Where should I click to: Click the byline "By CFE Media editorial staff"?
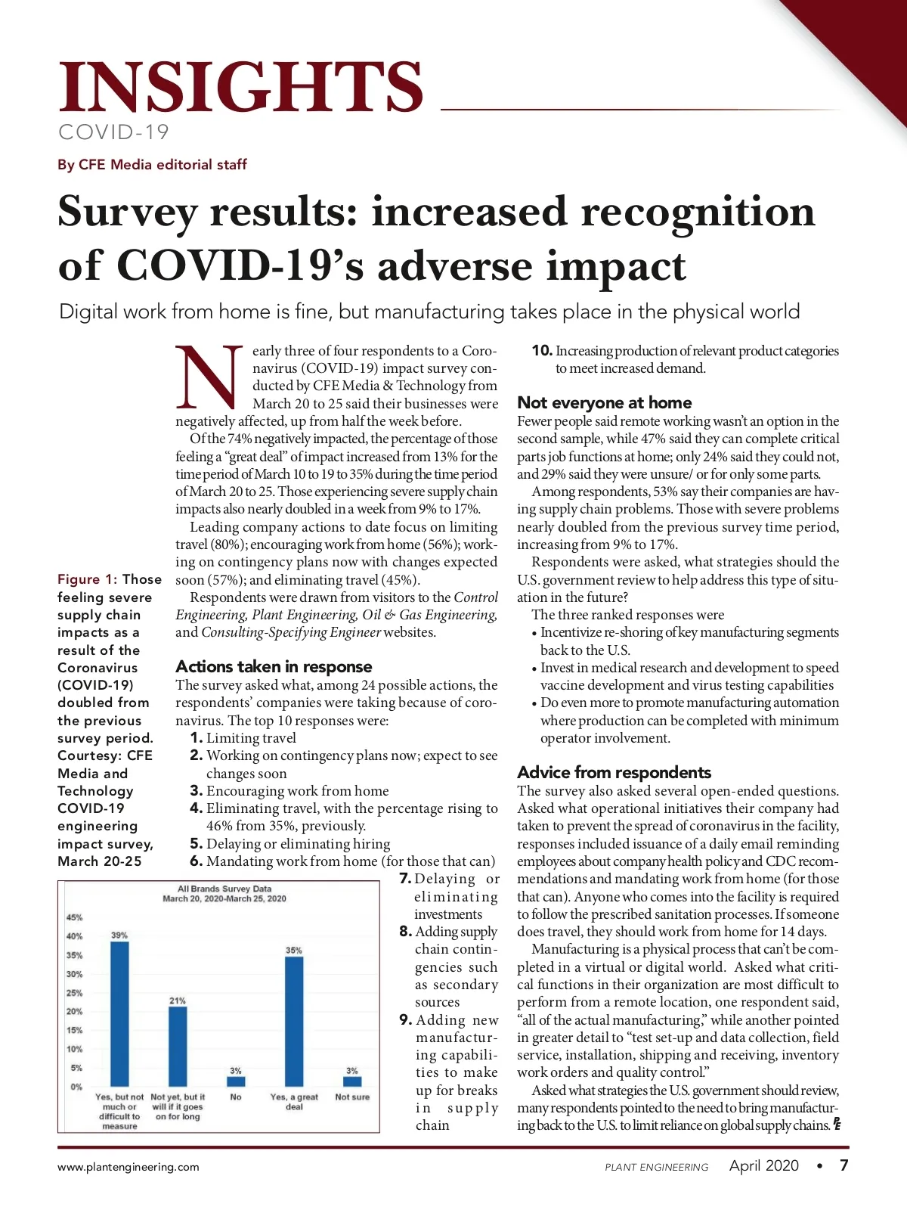click(152, 165)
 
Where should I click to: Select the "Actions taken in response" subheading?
click(274, 666)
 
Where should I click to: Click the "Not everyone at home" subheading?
click(604, 402)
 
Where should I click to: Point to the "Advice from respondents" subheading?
click(614, 772)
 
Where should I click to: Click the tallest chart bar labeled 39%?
click(119, 1013)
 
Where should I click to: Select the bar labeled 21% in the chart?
click(178, 1046)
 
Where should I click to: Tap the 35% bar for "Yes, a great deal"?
click(294, 1021)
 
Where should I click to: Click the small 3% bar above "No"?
click(236, 1081)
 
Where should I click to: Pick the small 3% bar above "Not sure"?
click(352, 1081)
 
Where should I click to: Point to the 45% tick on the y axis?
click(75, 917)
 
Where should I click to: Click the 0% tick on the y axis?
click(76, 1087)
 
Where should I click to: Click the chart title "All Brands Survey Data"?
click(224, 889)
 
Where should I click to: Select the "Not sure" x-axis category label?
click(352, 1097)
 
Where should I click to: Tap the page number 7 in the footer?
click(844, 1165)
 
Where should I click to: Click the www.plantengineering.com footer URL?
click(128, 1167)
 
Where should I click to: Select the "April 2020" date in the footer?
click(763, 1165)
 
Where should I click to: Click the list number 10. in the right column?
click(542, 351)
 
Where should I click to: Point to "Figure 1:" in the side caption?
click(87, 579)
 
